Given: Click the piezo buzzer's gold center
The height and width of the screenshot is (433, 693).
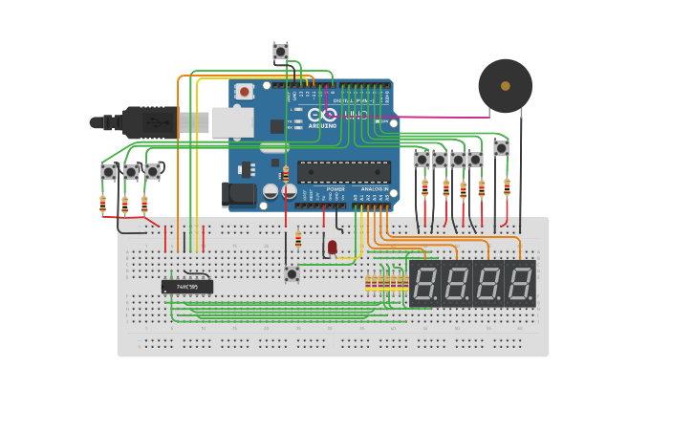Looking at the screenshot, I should pyautogui.click(x=505, y=86).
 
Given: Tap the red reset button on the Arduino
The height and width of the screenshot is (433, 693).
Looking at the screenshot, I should pyautogui.click(x=245, y=92).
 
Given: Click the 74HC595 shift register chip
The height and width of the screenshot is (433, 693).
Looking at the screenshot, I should pyautogui.click(x=186, y=286).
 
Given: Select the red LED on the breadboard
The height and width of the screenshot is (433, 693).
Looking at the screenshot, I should pyautogui.click(x=332, y=248).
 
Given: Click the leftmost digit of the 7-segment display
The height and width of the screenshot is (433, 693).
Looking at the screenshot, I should pyautogui.click(x=425, y=284).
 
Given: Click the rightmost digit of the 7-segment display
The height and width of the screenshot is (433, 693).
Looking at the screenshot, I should pyautogui.click(x=520, y=284).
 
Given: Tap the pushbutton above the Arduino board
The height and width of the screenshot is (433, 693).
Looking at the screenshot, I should pyautogui.click(x=280, y=51).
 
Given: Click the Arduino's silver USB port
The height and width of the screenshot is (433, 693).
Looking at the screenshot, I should pyautogui.click(x=232, y=122).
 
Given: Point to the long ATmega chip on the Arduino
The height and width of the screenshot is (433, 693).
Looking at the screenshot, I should pyautogui.click(x=344, y=172).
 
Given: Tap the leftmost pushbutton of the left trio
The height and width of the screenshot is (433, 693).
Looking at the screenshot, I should pyautogui.click(x=108, y=172).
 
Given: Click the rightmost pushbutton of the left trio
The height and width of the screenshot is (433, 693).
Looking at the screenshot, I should pyautogui.click(x=152, y=172).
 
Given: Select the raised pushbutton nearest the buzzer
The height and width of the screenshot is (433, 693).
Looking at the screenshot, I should pyautogui.click(x=501, y=148).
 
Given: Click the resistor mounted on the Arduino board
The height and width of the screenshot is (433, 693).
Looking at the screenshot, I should pyautogui.click(x=285, y=174).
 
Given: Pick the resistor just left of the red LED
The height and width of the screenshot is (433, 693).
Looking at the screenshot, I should pyautogui.click(x=298, y=239).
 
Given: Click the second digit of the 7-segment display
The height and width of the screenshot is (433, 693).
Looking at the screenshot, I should pyautogui.click(x=457, y=284).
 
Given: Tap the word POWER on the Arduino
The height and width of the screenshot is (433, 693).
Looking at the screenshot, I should pyautogui.click(x=336, y=189).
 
